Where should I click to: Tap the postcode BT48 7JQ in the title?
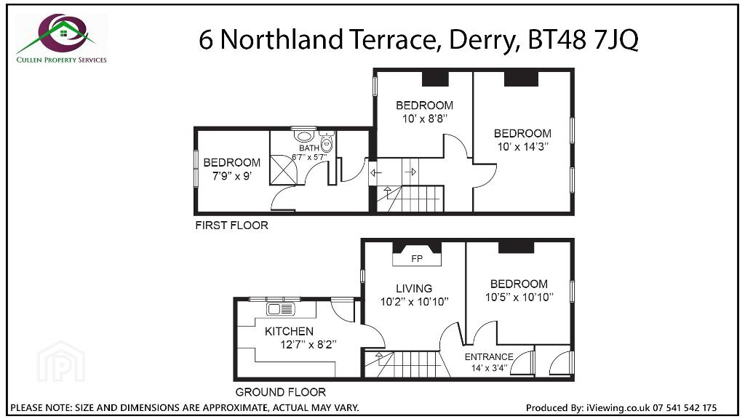pyautogui.click(x=583, y=39)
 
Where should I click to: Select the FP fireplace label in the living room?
pyautogui.click(x=417, y=259)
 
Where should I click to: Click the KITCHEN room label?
pyautogui.click(x=289, y=331)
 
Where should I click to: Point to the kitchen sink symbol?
pyautogui.click(x=281, y=309)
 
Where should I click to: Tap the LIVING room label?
pyautogui.click(x=414, y=288)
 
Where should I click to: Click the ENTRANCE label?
pyautogui.click(x=489, y=356)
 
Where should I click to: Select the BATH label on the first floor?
pyautogui.click(x=308, y=148)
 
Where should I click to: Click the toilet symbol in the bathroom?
pyautogui.click(x=327, y=142)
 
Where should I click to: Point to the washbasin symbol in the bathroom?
pyautogui.click(x=303, y=136)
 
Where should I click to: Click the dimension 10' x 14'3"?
pyautogui.click(x=522, y=147)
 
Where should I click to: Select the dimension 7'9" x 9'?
pyautogui.click(x=231, y=176)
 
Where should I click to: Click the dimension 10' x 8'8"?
pyautogui.click(x=425, y=119)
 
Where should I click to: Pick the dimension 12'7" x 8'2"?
pyautogui.click(x=308, y=344)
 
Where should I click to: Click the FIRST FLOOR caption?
pyautogui.click(x=232, y=226)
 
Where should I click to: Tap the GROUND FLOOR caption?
pyautogui.click(x=281, y=392)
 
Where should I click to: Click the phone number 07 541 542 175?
pyautogui.click(x=685, y=407)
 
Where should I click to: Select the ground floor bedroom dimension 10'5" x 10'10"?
pyautogui.click(x=519, y=298)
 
